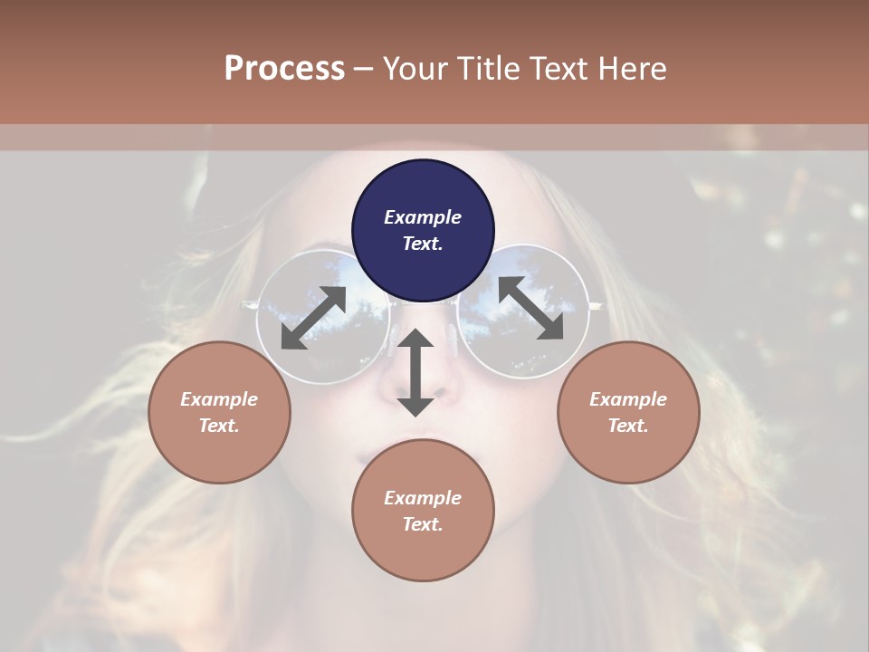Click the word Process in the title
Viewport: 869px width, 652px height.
pos(284,69)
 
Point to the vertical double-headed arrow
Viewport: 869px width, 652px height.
pos(415,372)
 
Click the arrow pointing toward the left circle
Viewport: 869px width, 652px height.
pos(313,318)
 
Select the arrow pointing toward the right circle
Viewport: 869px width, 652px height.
pos(530,308)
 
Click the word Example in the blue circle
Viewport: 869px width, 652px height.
pos(423,217)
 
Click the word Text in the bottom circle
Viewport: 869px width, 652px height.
pos(421,524)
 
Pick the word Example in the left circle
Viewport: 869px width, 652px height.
pos(219,399)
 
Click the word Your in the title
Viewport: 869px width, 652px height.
pos(413,69)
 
